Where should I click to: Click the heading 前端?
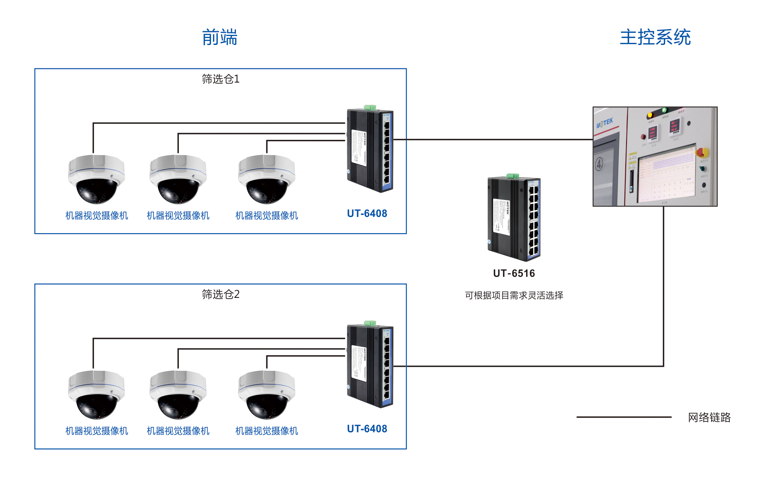[219, 37]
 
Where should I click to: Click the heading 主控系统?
[655, 37]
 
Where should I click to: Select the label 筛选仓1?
[221, 79]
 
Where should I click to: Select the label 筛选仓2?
[221, 294]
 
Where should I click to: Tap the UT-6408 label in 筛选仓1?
[367, 214]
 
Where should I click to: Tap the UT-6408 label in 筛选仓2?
[367, 429]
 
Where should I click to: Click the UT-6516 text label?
[514, 274]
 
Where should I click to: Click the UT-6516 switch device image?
[514, 219]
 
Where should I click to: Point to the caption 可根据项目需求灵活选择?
[514, 295]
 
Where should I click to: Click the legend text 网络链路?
[709, 417]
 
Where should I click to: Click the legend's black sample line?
[623, 417]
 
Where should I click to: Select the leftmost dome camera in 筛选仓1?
[96, 179]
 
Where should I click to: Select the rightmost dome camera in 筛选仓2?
[266, 395]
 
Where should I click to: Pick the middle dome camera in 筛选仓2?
[178, 395]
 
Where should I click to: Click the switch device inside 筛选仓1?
[370, 151]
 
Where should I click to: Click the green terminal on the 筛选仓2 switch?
[370, 323]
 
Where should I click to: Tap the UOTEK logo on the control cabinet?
[605, 122]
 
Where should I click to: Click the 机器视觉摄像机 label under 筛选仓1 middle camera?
[178, 216]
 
